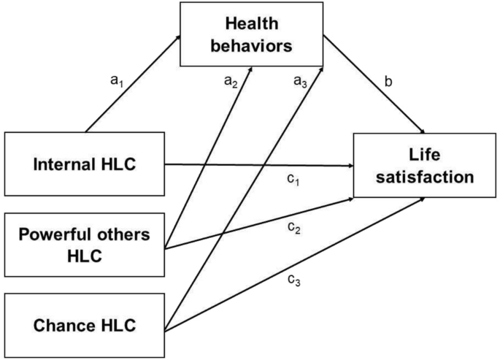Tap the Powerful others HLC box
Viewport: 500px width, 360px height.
pyautogui.click(x=85, y=244)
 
